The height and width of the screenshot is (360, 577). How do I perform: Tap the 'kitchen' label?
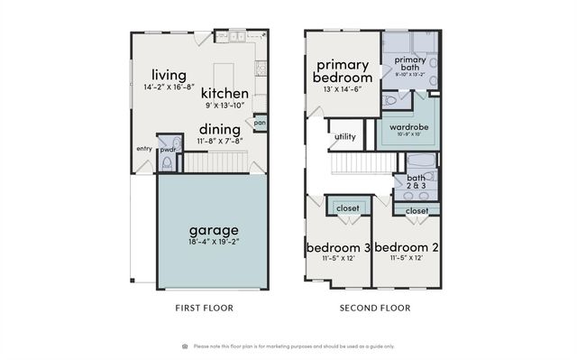click(224, 93)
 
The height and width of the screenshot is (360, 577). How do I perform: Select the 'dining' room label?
click(220, 129)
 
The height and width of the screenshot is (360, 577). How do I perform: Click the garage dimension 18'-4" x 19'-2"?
click(213, 243)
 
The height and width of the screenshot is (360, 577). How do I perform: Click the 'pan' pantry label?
click(260, 123)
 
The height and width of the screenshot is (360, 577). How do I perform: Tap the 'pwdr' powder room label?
click(168, 150)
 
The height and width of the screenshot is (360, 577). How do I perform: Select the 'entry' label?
click(144, 149)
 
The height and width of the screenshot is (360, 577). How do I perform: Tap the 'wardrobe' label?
click(408, 127)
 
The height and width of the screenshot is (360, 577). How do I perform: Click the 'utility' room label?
click(345, 137)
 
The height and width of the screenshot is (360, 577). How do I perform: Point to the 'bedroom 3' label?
click(338, 247)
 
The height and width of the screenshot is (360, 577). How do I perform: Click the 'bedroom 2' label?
click(406, 247)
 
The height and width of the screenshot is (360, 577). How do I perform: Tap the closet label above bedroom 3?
click(347, 208)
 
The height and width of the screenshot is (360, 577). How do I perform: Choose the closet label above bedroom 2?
click(417, 210)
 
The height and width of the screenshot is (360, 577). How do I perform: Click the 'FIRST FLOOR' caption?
click(204, 308)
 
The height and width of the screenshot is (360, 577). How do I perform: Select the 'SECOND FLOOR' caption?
click(374, 308)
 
